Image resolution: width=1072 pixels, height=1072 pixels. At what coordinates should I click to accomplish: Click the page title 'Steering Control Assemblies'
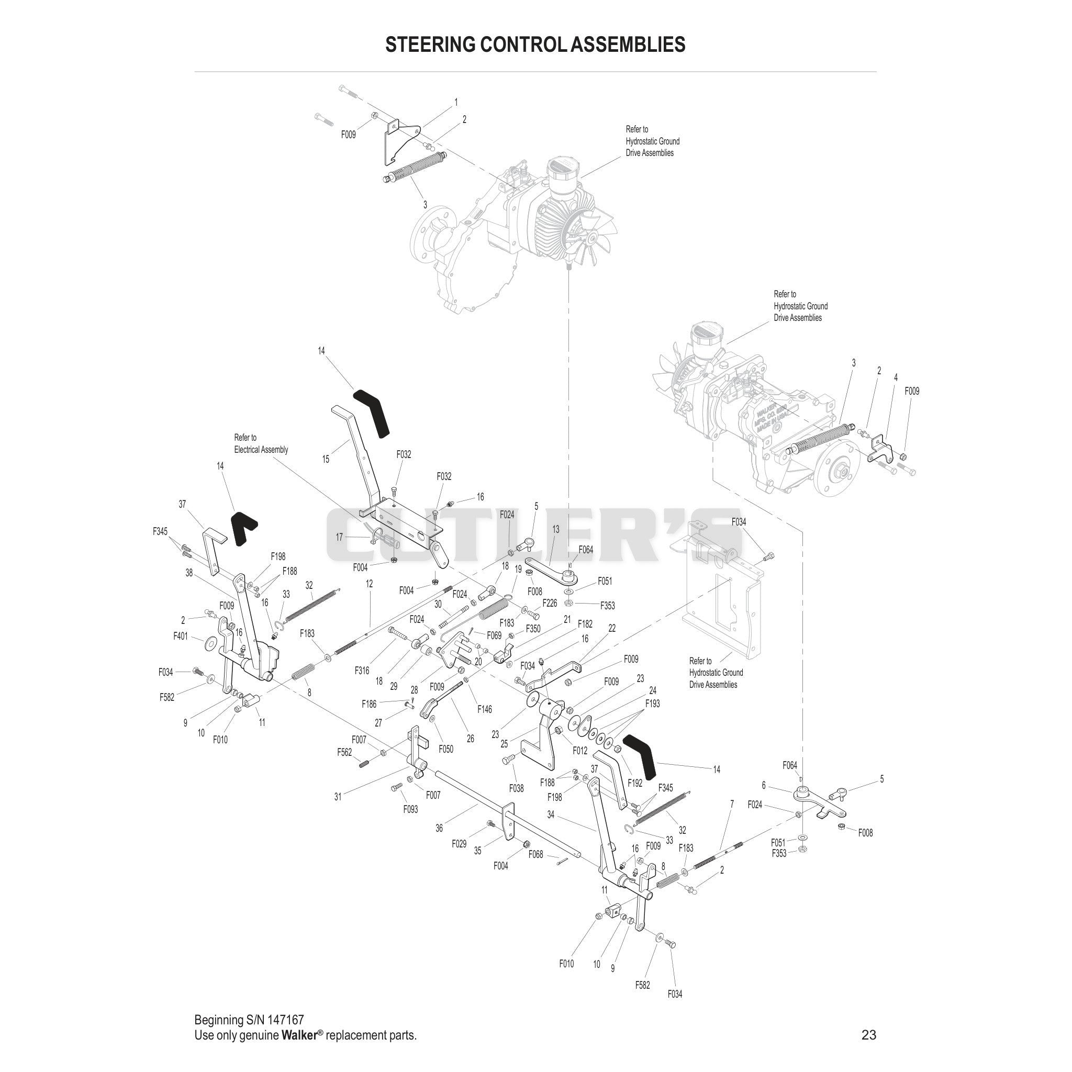tap(535, 44)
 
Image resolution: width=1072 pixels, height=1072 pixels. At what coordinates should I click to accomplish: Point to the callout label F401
tap(181, 636)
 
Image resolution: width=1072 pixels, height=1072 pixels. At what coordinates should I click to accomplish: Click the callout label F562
tap(344, 752)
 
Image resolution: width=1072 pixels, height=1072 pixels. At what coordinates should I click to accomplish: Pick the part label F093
tap(410, 810)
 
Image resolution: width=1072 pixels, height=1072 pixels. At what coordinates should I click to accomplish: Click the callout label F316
tap(362, 671)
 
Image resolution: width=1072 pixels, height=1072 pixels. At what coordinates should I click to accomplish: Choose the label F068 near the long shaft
tap(535, 854)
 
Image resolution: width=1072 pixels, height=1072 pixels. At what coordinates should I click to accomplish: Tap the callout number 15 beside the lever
tap(326, 460)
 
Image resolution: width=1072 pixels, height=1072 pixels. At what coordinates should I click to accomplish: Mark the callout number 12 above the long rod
tap(369, 584)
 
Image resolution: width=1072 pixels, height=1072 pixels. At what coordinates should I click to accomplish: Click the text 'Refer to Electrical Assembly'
tap(261, 444)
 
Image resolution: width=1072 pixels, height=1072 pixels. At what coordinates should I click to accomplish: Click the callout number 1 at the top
tap(456, 103)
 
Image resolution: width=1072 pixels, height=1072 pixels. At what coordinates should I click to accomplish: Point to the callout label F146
tap(484, 709)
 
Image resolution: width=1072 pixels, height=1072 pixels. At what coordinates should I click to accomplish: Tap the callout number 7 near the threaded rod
tap(732, 820)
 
